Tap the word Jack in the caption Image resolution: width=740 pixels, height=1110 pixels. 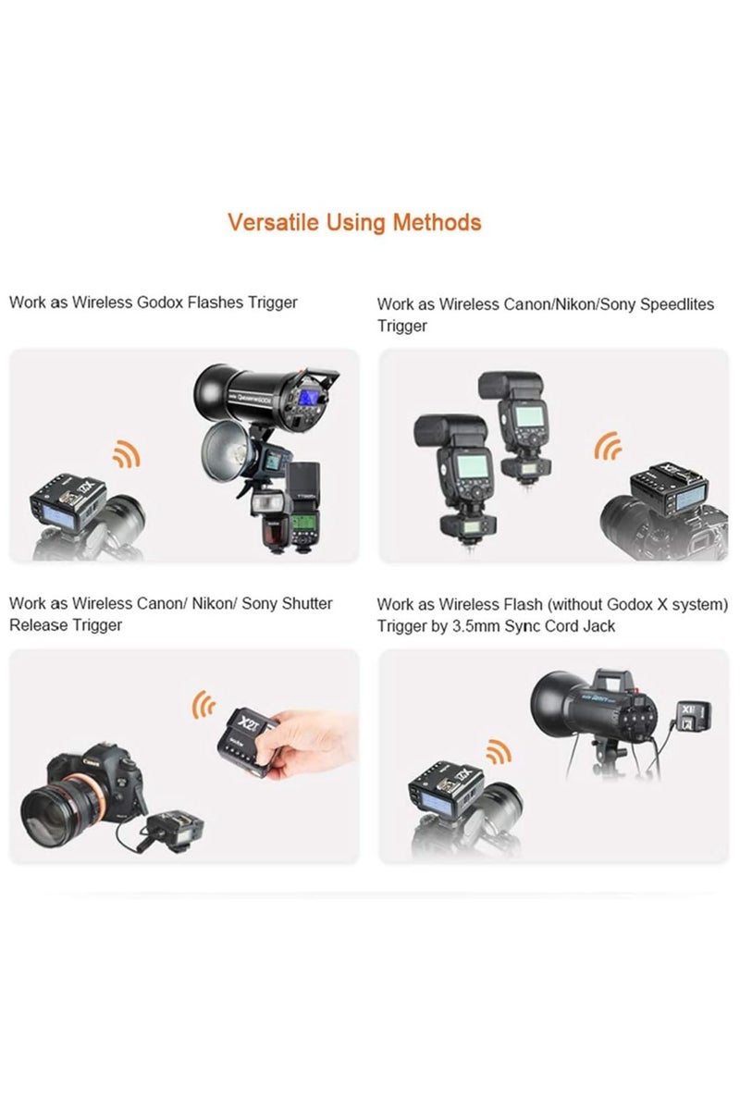[598, 626]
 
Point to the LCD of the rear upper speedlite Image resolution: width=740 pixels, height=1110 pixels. [528, 414]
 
